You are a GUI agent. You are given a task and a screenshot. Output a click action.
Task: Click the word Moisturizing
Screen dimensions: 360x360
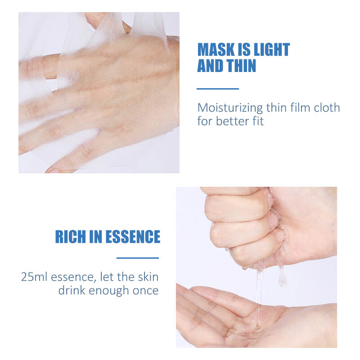point(230,108)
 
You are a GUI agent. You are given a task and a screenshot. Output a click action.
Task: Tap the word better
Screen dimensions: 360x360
point(232,121)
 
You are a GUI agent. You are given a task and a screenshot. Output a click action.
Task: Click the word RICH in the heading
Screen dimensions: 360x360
point(70,237)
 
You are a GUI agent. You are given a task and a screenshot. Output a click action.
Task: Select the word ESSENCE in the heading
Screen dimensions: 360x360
point(133,237)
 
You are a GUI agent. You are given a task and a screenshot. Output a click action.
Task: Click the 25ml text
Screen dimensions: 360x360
point(34,277)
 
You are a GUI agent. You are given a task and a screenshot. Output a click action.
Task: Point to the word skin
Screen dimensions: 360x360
point(148,277)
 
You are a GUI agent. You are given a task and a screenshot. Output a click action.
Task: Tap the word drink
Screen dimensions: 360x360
point(72,290)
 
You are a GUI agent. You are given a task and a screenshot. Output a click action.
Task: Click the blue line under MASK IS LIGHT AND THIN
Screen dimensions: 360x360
point(218,89)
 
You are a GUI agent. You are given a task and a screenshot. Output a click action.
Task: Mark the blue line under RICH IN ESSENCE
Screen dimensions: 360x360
point(138,258)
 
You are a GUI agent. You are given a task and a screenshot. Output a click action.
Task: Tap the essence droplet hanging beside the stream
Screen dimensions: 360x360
point(282,277)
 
